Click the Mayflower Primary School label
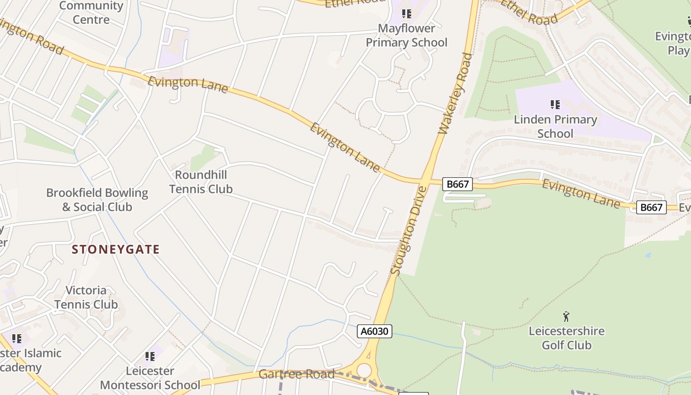pos(406,35)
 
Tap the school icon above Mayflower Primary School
pos(406,14)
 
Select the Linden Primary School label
pos(555,126)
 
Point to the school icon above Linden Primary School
pos(555,105)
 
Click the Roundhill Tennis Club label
pos(201,182)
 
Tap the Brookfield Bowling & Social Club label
pos(97,199)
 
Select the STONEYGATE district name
pos(115,249)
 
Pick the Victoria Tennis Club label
pos(86,297)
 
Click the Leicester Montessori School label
pos(150,378)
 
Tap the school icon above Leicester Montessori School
pos(150,356)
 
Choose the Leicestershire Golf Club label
pos(567,338)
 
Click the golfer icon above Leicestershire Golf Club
pos(566,316)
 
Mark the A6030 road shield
pos(375,331)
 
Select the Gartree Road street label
pos(297,374)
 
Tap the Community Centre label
pos(91,12)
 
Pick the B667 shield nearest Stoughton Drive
pos(457,184)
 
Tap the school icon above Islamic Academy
pos(17,339)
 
